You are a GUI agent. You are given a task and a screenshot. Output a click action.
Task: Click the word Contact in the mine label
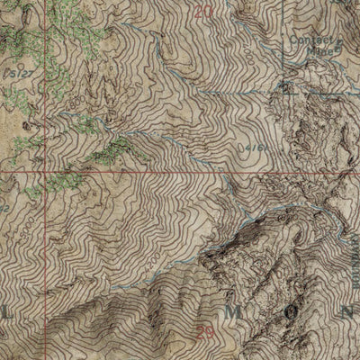[306, 40]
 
